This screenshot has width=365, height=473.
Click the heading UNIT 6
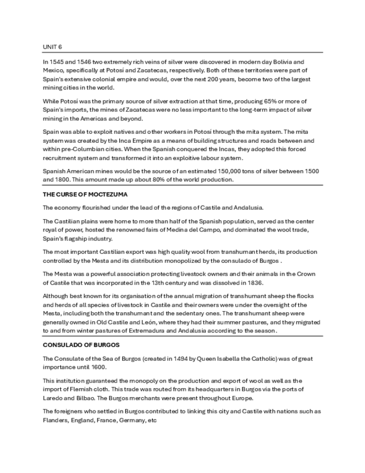pyautogui.click(x=52, y=46)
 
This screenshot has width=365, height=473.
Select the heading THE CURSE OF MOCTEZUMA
pyautogui.click(x=85, y=194)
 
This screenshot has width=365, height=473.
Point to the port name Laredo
pyautogui.click(x=53, y=399)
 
